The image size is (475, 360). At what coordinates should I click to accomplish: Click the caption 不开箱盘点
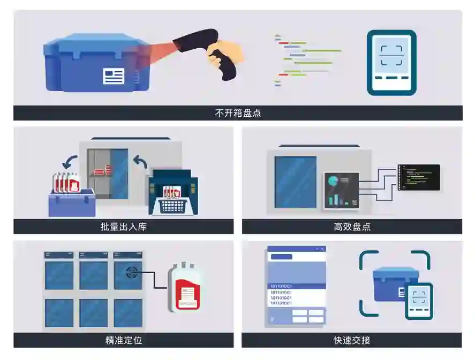(238, 113)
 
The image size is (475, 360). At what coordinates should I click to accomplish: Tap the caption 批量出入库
(123, 227)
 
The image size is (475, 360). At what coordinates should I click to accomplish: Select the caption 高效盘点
(352, 227)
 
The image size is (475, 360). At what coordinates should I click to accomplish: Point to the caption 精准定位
(123, 340)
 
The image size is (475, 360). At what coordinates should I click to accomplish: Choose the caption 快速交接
(352, 340)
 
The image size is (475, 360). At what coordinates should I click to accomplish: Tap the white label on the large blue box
(114, 76)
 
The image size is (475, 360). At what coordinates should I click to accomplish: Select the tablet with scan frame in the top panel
(391, 62)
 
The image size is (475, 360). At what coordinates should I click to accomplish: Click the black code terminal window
(419, 177)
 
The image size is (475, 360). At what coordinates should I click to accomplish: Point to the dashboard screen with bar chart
(342, 190)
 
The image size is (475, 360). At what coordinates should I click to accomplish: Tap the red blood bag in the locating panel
(185, 287)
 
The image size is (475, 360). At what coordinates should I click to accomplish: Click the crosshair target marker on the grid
(131, 272)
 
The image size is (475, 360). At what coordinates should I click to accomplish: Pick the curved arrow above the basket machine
(140, 161)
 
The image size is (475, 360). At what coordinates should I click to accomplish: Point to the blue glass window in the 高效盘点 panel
(296, 182)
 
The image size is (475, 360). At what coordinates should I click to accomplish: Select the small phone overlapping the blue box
(419, 301)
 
